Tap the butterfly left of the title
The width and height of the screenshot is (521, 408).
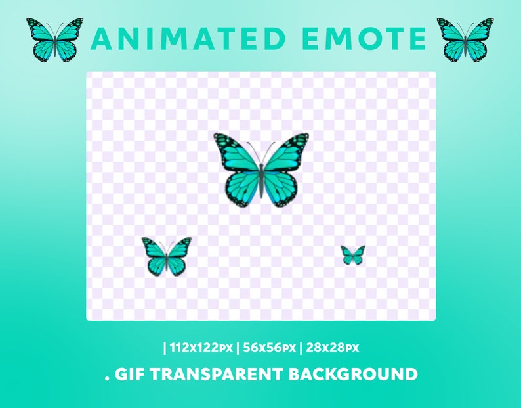click(55, 39)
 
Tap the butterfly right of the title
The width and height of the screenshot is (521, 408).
click(465, 39)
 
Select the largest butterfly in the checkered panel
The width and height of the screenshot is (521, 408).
click(261, 170)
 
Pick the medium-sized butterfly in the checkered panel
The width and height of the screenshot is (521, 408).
click(167, 256)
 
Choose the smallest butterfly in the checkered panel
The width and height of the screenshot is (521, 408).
click(353, 255)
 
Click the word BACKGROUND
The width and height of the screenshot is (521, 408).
click(354, 374)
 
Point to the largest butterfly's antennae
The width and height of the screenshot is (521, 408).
click(261, 152)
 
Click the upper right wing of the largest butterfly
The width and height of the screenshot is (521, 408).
click(287, 155)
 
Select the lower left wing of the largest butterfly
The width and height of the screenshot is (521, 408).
click(243, 188)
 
